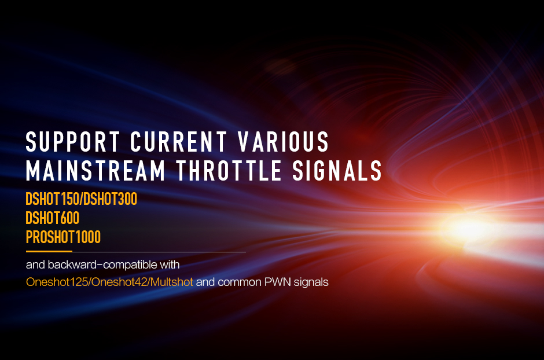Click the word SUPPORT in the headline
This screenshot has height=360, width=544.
click(73, 141)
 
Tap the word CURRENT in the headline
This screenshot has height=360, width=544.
click(178, 141)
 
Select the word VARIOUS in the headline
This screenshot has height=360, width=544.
click(283, 141)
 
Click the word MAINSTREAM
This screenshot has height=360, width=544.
click(95, 170)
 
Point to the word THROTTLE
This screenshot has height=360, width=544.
click(229, 170)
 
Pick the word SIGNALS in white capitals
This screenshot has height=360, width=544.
click(337, 170)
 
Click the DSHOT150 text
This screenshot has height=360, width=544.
click(53, 199)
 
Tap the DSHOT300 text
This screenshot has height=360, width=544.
click(111, 199)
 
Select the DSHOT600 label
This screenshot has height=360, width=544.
click(53, 218)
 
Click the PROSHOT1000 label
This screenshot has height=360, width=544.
click(63, 237)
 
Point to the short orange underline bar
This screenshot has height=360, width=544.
click(49, 251)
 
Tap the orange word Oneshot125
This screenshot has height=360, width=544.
click(57, 282)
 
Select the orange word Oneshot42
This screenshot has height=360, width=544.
click(119, 282)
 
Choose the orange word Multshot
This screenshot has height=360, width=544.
click(172, 282)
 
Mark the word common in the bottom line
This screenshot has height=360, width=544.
click(240, 282)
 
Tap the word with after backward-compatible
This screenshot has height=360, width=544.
click(170, 265)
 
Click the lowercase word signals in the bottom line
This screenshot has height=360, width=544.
click(311, 282)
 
